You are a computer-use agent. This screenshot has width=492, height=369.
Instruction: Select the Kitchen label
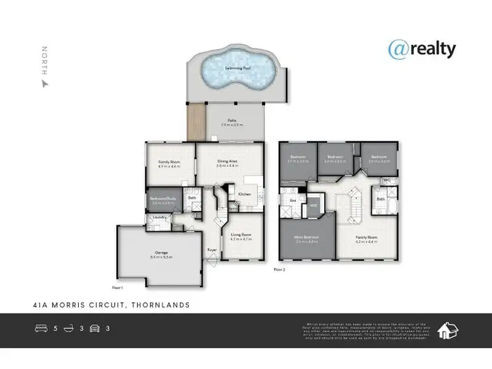click(x=244, y=194)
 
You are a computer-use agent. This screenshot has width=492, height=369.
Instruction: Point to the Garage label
click(x=161, y=252)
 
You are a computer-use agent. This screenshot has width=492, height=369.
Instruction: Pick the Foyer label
click(x=213, y=250)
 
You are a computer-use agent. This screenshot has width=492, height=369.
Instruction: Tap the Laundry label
click(x=158, y=218)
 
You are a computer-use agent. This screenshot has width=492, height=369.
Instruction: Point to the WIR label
click(x=314, y=206)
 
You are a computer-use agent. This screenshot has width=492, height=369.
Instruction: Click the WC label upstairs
click(x=387, y=179)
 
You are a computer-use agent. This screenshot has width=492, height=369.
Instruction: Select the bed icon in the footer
click(x=42, y=328)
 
